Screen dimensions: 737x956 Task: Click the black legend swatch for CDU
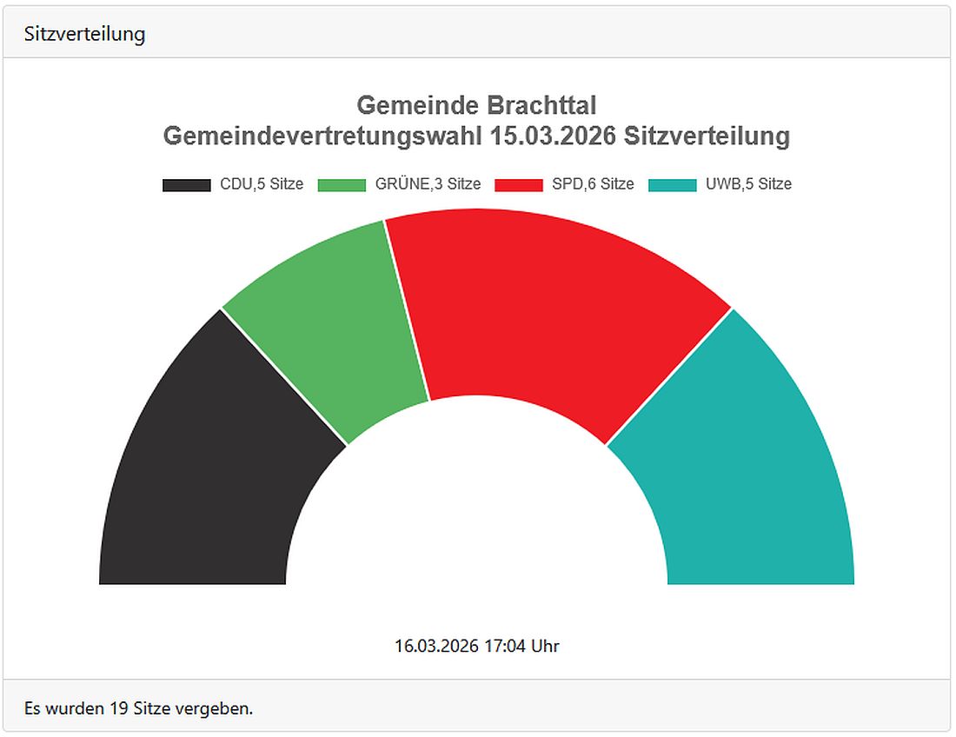click(186, 185)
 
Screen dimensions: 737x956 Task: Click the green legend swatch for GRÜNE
click(342, 185)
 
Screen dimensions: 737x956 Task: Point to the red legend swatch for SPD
click(519, 185)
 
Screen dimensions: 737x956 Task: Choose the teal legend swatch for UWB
click(673, 185)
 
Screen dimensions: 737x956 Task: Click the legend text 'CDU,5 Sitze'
click(262, 184)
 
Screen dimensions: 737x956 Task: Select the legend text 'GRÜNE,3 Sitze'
click(428, 184)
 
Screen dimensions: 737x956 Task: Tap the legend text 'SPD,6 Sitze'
click(593, 184)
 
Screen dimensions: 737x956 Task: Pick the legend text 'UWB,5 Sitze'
click(747, 184)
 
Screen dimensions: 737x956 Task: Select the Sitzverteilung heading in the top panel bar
click(84, 35)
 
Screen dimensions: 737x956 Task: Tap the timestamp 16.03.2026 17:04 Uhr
click(476, 646)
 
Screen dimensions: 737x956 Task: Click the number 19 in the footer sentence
click(119, 708)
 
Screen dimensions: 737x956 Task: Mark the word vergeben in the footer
click(214, 708)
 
